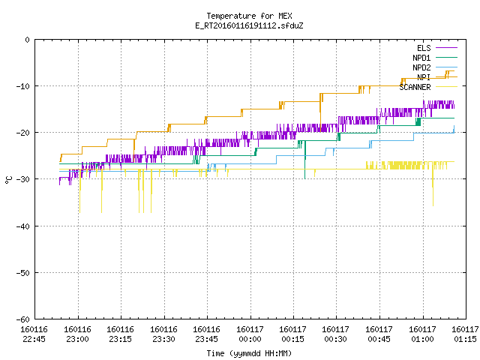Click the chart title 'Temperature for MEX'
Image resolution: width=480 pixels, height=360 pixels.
click(249, 16)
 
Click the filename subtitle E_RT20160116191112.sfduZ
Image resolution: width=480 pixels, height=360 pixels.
click(249, 25)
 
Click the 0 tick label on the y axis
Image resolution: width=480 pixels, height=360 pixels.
click(28, 40)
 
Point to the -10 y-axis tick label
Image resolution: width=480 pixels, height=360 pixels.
click(23, 86)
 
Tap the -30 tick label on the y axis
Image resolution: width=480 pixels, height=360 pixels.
click(23, 179)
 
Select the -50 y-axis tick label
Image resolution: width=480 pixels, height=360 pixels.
click(23, 273)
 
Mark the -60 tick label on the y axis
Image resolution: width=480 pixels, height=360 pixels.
click(23, 319)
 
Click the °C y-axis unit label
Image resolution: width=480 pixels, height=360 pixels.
click(8, 180)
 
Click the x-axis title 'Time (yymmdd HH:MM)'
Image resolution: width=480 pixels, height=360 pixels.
click(249, 353)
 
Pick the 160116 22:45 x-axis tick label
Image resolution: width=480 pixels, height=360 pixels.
click(34, 334)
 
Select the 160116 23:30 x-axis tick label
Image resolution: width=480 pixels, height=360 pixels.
click(163, 334)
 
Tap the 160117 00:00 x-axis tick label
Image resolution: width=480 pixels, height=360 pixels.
click(250, 334)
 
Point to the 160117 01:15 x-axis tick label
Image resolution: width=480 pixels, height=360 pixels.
click(465, 334)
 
